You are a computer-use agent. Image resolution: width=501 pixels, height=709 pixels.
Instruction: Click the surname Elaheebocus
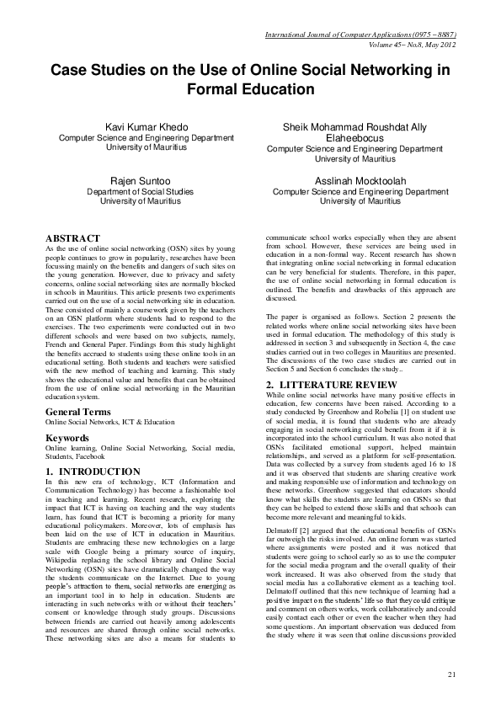point(354,139)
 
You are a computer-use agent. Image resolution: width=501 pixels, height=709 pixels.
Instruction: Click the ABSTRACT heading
point(72,238)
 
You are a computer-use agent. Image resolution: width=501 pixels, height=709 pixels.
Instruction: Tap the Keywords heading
point(67,439)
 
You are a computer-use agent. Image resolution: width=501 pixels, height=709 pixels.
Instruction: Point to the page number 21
point(451,674)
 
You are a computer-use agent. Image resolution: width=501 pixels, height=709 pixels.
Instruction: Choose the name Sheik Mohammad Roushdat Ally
point(354,127)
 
